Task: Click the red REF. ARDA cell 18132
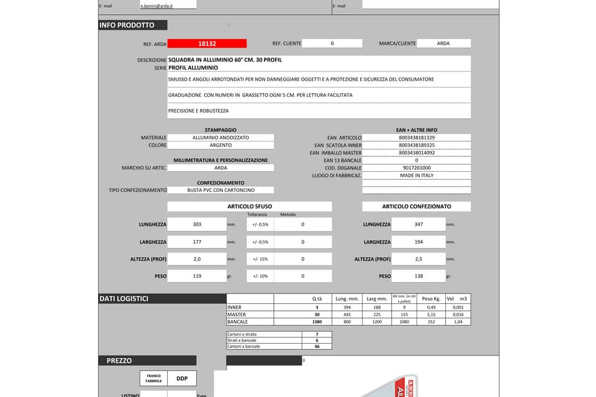(207, 43)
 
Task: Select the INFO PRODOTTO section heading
(127, 25)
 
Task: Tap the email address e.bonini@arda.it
(155, 6)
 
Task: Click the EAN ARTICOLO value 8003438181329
(417, 138)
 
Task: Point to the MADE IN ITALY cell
(417, 176)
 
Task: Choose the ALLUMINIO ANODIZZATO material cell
(220, 138)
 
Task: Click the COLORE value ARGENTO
(220, 145)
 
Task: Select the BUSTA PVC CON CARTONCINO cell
(220, 190)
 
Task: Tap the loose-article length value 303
(197, 225)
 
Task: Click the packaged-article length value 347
(418, 225)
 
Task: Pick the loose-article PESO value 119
(197, 276)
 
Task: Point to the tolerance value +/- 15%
(260, 259)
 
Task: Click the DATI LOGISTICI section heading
(124, 299)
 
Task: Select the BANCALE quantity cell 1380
(316, 322)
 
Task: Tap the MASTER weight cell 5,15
(431, 314)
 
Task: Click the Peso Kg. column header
(431, 299)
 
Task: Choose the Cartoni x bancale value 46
(317, 346)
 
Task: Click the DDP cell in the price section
(182, 378)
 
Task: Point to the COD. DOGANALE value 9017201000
(417, 168)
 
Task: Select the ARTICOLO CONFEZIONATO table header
(417, 207)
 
